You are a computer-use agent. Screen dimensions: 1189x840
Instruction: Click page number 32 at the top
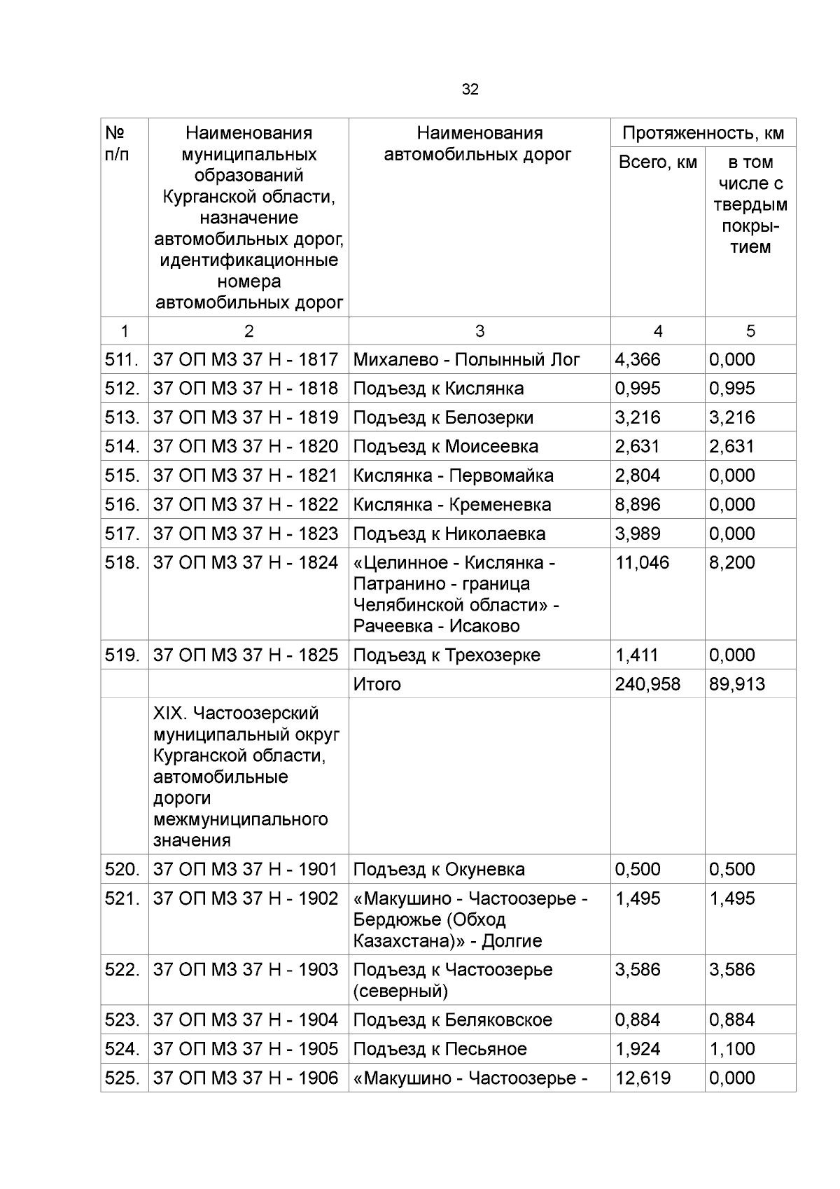(470, 90)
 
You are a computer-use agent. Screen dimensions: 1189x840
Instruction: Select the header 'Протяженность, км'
(703, 133)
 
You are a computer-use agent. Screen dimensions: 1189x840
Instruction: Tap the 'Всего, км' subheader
(657, 162)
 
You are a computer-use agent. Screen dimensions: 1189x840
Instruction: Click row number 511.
(122, 360)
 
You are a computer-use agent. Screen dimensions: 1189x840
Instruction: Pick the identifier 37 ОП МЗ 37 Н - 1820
(246, 447)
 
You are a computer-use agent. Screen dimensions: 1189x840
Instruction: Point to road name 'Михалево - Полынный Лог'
(466, 360)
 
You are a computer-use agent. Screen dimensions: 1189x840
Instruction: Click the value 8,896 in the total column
(637, 505)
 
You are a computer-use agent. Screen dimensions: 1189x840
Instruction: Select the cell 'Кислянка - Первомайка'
(453, 476)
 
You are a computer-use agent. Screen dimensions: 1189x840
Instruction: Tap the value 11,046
(641, 563)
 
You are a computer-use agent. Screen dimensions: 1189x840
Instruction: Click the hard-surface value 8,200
(731, 563)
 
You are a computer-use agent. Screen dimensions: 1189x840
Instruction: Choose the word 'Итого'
(377, 684)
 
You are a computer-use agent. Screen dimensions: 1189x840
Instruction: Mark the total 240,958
(647, 684)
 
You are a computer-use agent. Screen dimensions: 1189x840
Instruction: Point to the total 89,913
(736, 684)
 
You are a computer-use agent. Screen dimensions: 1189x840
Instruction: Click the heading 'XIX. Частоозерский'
(236, 714)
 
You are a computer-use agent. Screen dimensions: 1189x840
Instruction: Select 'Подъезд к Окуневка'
(438, 870)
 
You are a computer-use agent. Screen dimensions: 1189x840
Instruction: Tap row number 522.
(122, 970)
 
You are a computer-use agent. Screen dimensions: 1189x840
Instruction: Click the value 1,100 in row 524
(731, 1049)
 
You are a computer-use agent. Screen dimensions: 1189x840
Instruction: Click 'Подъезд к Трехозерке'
(447, 655)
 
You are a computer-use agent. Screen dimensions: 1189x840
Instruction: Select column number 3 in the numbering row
(479, 331)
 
